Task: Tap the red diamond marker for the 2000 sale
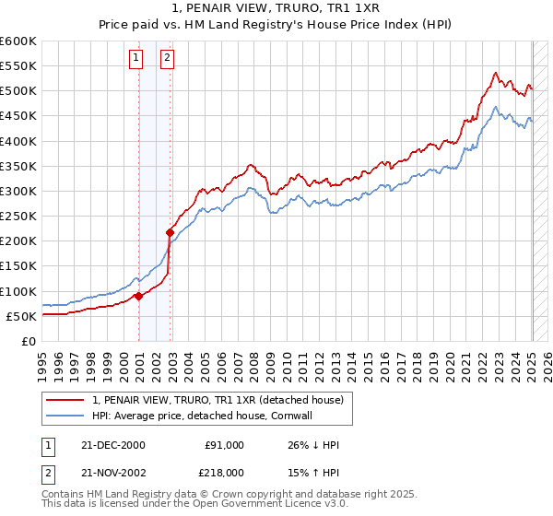pos(139,296)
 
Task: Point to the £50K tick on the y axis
pos(22,316)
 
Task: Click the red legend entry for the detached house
pos(218,400)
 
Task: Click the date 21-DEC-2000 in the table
pos(113,445)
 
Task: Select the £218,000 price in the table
pos(224,471)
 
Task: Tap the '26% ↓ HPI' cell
pos(313,445)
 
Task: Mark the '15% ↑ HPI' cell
pos(313,471)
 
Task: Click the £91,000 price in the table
pos(224,445)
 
